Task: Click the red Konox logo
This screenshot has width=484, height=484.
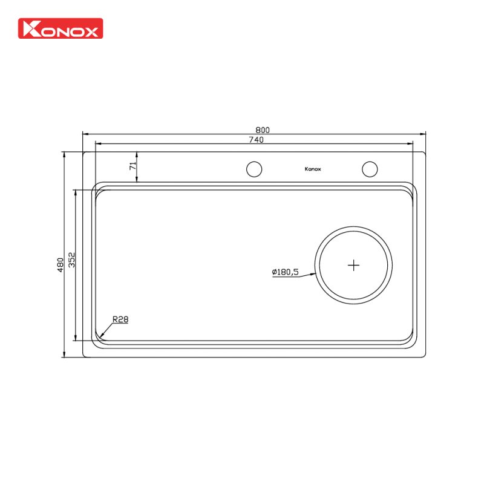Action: (x=61, y=28)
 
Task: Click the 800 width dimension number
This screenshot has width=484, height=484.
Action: (x=262, y=129)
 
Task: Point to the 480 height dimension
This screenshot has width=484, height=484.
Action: (x=60, y=264)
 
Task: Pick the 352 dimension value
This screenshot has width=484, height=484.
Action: (x=71, y=260)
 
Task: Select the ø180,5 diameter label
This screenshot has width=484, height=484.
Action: (x=285, y=272)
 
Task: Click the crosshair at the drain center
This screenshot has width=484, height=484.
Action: (x=354, y=265)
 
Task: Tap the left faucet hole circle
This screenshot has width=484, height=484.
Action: (x=254, y=169)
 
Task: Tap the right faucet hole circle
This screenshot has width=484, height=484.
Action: (x=370, y=169)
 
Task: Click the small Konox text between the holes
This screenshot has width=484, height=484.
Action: (x=313, y=169)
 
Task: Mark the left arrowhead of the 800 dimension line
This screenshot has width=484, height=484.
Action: (x=85, y=134)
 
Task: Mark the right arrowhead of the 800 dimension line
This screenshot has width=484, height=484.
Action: (x=424, y=134)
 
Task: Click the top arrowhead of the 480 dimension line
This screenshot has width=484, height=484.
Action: (x=64, y=154)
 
